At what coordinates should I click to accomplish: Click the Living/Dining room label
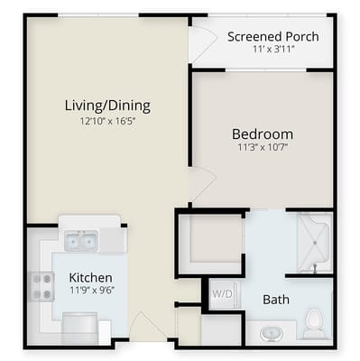(107, 106)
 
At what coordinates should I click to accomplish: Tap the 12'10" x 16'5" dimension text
(107, 122)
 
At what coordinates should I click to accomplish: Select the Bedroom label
(263, 134)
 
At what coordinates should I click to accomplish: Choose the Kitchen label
(91, 277)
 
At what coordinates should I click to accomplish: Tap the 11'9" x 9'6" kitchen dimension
(91, 292)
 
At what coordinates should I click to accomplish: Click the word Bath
(275, 300)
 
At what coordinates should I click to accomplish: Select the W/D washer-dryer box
(222, 294)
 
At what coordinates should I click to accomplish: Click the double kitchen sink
(79, 241)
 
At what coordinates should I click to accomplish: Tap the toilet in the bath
(314, 322)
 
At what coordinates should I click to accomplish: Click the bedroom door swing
(200, 184)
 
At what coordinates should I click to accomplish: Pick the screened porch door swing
(202, 42)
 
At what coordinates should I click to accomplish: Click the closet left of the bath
(209, 242)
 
